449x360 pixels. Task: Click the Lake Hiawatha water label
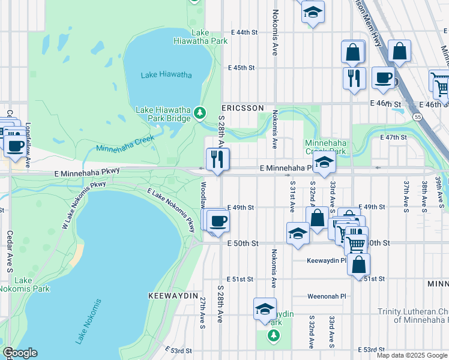[166, 75]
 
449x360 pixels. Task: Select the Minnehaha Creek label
[125, 143]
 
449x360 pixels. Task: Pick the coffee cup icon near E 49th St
[218, 220]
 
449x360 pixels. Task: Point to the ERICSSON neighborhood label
[243, 107]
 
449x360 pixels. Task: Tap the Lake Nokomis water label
[88, 321]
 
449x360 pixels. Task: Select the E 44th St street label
[244, 32]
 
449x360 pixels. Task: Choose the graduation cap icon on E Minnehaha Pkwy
[324, 163]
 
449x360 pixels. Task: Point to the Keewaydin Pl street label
[327, 261]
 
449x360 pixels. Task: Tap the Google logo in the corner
[20, 353]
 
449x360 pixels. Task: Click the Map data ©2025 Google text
[411, 355]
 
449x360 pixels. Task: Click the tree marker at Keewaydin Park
[274, 335]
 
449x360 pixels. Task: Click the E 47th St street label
[394, 137]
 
